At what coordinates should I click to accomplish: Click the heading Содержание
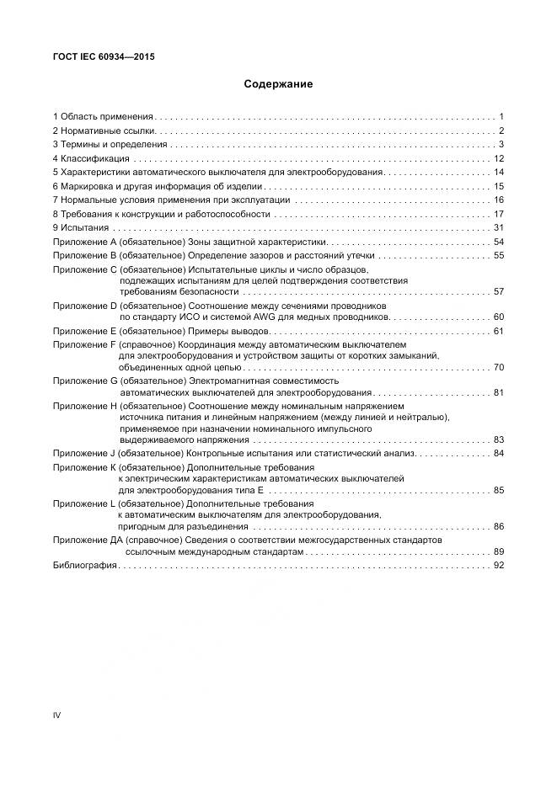click(x=278, y=84)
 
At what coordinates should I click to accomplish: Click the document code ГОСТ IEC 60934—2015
click(x=104, y=57)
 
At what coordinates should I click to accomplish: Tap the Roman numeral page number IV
click(x=57, y=716)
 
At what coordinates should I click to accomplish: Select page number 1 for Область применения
click(x=501, y=115)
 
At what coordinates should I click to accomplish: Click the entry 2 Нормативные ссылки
click(x=103, y=130)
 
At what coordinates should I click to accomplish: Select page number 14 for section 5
click(x=498, y=172)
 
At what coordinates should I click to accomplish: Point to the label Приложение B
click(x=84, y=255)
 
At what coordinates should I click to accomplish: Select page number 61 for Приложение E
click(x=498, y=331)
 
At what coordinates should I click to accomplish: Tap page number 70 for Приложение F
click(x=498, y=367)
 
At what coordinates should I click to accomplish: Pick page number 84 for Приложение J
click(x=498, y=453)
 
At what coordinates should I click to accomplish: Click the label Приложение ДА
click(x=88, y=539)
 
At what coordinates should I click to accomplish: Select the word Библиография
click(x=84, y=567)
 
